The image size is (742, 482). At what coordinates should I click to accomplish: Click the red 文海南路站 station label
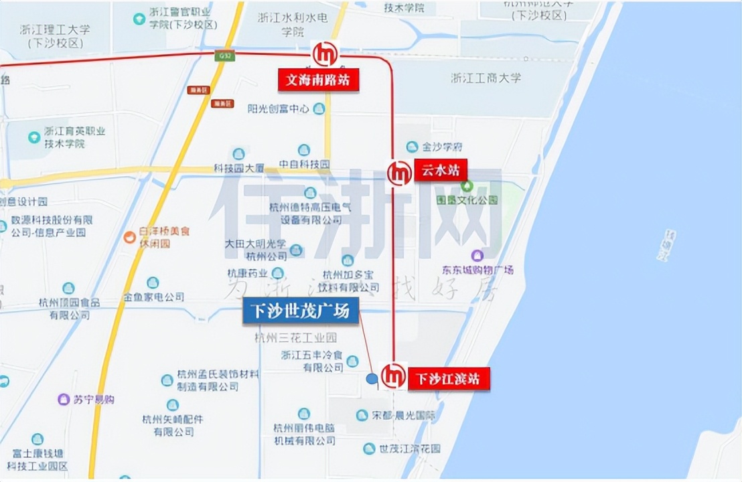click(319, 80)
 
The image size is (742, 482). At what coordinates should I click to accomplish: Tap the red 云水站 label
click(439, 170)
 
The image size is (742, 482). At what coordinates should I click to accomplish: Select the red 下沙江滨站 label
click(448, 380)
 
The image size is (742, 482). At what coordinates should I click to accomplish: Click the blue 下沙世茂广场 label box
click(300, 311)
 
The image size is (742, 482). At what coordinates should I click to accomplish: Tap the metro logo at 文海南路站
click(325, 54)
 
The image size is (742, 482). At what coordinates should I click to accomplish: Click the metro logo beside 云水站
click(400, 173)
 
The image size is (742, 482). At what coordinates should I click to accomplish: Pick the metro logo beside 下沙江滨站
click(393, 375)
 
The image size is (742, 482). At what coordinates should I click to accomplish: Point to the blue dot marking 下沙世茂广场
click(372, 379)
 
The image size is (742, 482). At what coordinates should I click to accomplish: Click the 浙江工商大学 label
click(486, 78)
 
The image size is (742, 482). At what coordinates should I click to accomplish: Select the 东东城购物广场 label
click(477, 270)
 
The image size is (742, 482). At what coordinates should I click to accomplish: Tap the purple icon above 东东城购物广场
click(477, 255)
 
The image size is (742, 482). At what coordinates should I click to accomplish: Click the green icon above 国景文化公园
click(467, 185)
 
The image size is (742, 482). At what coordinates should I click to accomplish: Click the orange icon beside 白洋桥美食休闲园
click(129, 237)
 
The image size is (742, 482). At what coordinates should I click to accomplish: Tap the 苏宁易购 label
click(94, 400)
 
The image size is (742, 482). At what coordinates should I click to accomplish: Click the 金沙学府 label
click(442, 147)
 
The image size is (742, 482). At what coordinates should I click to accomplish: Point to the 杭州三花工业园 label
click(295, 338)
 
